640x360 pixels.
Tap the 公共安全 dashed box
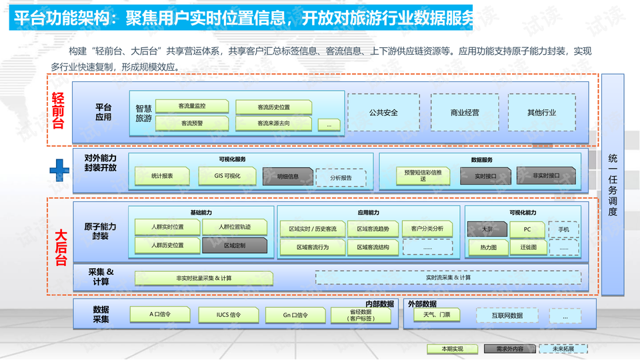click(383, 112)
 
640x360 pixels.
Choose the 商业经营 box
click(465, 112)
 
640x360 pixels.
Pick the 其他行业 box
click(541, 112)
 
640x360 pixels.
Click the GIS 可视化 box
click(227, 176)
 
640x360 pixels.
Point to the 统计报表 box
click(162, 176)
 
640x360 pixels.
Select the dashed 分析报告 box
click(340, 178)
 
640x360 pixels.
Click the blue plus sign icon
click(60, 170)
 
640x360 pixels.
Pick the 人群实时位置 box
click(167, 227)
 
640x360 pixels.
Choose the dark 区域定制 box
click(234, 246)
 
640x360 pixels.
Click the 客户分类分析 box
click(427, 229)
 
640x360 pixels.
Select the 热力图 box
click(488, 247)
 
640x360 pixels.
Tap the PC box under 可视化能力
click(527, 229)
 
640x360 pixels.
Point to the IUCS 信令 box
click(229, 315)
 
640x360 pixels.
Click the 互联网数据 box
click(507, 315)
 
